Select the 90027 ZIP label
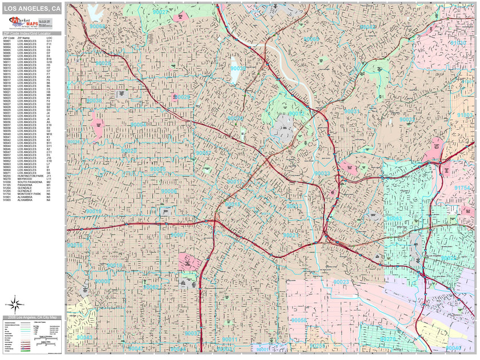[x=161, y=12]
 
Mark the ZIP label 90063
[x=394, y=219]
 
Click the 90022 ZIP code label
[x=449, y=258]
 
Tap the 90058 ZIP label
[x=299, y=321]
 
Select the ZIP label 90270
[x=389, y=339]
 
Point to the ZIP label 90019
[x=94, y=211]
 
